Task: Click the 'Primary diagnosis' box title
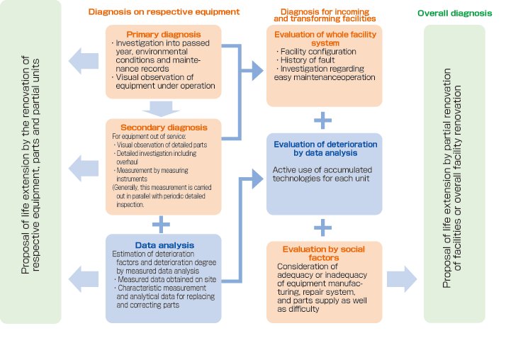coord(163,34)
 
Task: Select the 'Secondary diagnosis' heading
coord(163,128)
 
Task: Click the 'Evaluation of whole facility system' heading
coord(324,38)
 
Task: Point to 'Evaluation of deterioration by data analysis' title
coord(325,148)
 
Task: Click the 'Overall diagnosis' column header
coord(454,13)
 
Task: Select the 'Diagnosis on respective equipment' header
coord(164,12)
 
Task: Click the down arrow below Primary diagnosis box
coord(162,108)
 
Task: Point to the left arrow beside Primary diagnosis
coord(84,60)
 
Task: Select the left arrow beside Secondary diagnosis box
coord(84,167)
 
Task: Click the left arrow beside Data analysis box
coord(84,278)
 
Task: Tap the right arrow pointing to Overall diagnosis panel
coord(402,279)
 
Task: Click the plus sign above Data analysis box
coord(162,225)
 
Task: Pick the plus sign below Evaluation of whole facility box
coord(323,120)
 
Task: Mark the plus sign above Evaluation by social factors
coord(323,227)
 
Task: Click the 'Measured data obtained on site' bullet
coord(162,279)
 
